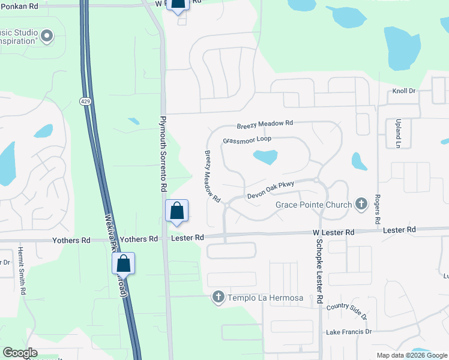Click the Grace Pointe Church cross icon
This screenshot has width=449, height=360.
tap(361, 205)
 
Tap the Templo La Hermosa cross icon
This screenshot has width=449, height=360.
tap(218, 297)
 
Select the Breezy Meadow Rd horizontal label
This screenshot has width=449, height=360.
tap(264, 125)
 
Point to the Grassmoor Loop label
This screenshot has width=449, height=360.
tap(247, 139)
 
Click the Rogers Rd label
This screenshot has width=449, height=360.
tap(378, 209)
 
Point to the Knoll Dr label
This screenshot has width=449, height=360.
tap(403, 91)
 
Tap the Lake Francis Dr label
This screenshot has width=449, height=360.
tap(349, 332)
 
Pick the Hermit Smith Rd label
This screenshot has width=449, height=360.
tap(22, 270)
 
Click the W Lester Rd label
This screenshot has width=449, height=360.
tap(333, 232)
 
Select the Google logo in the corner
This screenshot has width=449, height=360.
tap(20, 353)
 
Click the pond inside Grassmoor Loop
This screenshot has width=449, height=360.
tap(265, 158)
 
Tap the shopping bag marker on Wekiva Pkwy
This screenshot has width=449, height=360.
tap(123, 263)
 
